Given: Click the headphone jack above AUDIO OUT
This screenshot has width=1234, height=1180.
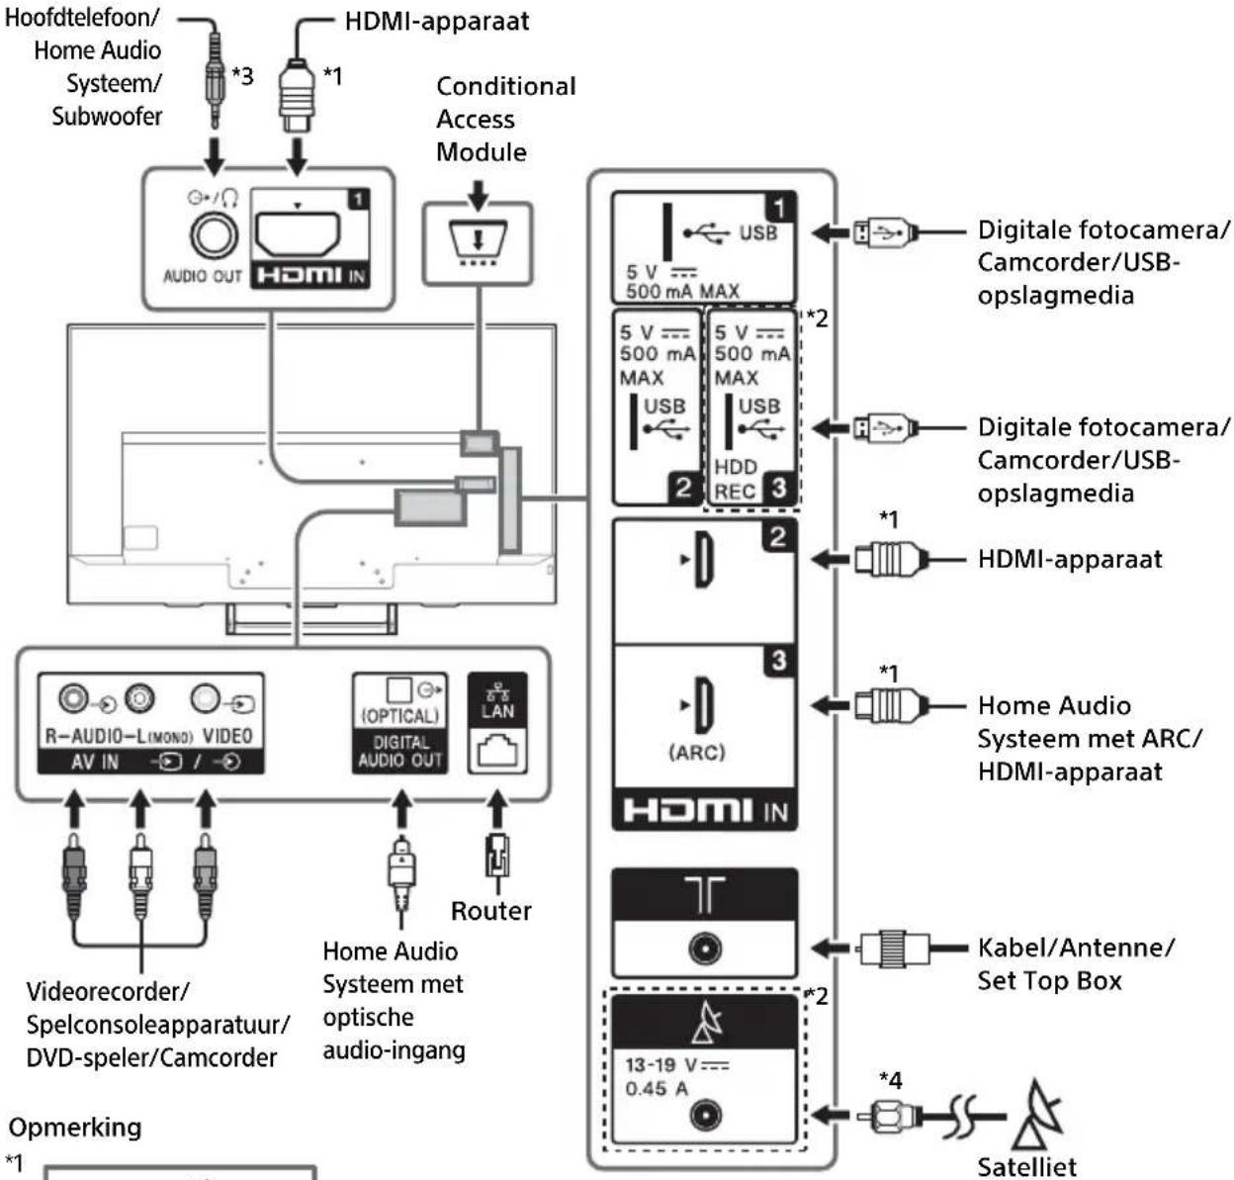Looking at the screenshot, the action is pos(214,236).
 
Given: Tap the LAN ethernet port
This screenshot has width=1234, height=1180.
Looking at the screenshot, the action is pos(497,751).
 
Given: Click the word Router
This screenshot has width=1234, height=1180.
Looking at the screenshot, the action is pos(490,911).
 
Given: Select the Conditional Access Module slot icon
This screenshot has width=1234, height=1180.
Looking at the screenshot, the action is pos(478,240).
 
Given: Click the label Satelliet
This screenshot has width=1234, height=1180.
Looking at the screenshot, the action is pos(1026,1167).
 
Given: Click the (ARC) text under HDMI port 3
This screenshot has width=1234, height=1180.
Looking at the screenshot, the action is pos(696,753).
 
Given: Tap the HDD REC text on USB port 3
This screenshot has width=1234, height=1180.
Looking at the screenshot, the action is pos(736,479).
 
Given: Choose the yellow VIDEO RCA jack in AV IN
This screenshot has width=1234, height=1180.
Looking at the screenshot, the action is pos(205,698).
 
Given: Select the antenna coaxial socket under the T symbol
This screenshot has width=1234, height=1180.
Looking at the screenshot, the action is pos(705,950).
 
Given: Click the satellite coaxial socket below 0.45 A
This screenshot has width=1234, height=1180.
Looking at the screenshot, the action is pos(705,1116).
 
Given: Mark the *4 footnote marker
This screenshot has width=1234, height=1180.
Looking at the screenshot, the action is pos(890,1080).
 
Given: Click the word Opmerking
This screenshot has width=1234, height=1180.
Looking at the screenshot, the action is pos(75,1128).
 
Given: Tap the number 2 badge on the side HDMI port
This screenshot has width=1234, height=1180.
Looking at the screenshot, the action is pos(779,537).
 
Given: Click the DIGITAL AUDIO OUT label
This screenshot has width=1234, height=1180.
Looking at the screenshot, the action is pos(400,751).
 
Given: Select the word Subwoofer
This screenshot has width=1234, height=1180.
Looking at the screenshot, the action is pos(107,116).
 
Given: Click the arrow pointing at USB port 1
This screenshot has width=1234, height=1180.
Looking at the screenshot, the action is pos(831,232).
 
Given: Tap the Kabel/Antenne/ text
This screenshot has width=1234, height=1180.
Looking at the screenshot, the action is pos(1076,948).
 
